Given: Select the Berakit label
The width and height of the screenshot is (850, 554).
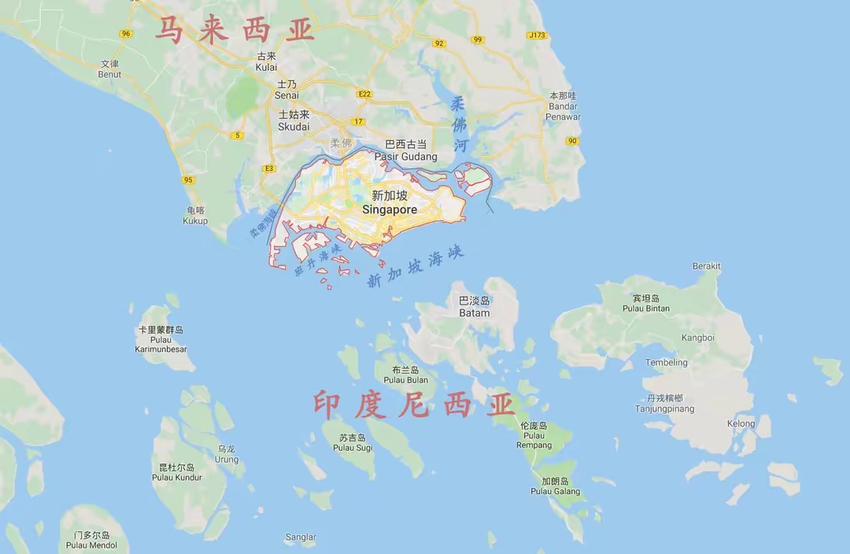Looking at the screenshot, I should [706, 266].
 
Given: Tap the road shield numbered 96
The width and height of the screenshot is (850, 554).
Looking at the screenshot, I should [126, 33].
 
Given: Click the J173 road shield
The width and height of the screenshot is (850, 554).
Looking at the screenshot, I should [538, 35].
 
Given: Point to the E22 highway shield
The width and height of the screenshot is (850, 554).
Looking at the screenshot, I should [364, 94].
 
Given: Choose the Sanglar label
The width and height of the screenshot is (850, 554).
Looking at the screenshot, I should [301, 537].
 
